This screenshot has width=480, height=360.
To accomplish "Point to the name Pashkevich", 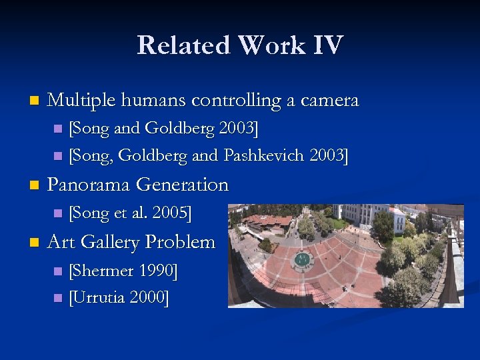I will tap(266, 156).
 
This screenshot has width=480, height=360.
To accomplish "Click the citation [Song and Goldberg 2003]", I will tap(163, 128).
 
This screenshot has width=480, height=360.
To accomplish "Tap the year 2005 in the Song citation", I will tap(170, 213).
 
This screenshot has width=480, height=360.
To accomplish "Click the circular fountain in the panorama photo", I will tap(303, 259).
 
